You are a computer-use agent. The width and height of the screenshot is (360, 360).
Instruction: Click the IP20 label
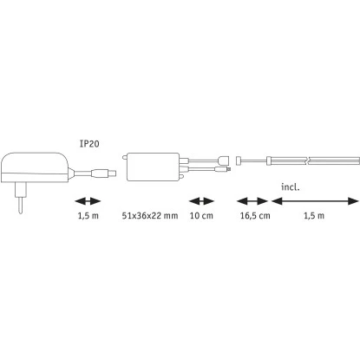pyautogui.click(x=89, y=144)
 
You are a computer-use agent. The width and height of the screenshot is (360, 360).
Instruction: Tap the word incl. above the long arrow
pyautogui.click(x=291, y=187)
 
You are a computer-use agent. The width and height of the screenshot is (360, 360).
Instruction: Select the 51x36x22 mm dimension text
pyautogui.click(x=150, y=216)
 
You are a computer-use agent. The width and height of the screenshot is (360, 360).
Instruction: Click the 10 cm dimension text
pyautogui.click(x=201, y=216)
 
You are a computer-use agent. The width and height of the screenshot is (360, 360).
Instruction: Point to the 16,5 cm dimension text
pyautogui.click(x=255, y=216)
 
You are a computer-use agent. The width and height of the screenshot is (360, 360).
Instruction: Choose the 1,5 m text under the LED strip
pyautogui.click(x=314, y=216)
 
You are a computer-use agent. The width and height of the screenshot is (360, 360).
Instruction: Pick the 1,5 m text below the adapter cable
pyautogui.click(x=88, y=216)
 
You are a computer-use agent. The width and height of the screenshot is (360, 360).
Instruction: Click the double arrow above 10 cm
pyautogui.click(x=201, y=201)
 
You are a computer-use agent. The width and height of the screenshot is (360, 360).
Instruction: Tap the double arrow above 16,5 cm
pyautogui.click(x=252, y=201)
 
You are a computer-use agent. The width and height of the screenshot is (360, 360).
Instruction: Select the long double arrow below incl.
pyautogui.click(x=315, y=201)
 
